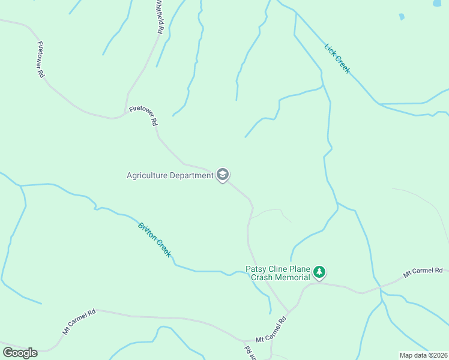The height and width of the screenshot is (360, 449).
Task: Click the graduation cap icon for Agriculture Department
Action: pyautogui.click(x=223, y=175)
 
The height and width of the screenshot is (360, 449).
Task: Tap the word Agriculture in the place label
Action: pyautogui.click(x=148, y=176)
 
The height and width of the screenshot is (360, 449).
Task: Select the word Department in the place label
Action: pyautogui.click(x=191, y=176)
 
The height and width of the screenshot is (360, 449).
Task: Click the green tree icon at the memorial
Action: pyautogui.click(x=320, y=272)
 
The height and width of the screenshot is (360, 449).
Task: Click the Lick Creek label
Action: pyautogui.click(x=337, y=59)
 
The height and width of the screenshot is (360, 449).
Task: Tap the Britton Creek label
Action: pyautogui.click(x=155, y=240)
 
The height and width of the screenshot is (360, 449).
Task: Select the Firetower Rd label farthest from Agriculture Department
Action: pyautogui.click(x=41, y=60)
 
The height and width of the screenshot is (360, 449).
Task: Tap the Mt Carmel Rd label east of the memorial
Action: pyautogui.click(x=423, y=272)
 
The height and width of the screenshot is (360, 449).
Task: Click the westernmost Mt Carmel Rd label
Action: pyautogui.click(x=79, y=322)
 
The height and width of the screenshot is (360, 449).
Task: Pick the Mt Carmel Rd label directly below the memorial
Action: pyautogui.click(x=271, y=331)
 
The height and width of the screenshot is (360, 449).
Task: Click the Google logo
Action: pyautogui.click(x=20, y=353)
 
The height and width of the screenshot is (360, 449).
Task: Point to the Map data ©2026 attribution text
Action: pyautogui.click(x=423, y=355)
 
